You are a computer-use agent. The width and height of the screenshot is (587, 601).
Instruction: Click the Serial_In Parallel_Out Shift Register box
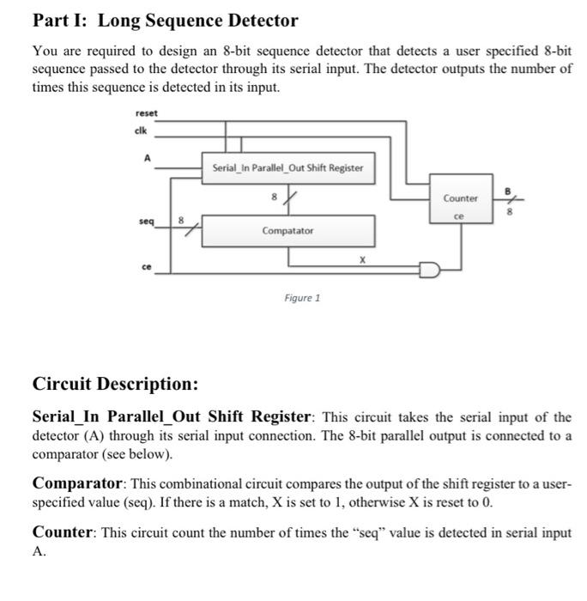pos(287,168)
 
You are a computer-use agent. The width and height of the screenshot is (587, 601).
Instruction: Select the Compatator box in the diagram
pos(287,231)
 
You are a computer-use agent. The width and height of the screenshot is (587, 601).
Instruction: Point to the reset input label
pos(147,114)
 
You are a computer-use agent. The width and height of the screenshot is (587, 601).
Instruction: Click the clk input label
pos(142,131)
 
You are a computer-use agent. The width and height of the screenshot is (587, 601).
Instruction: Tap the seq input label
pos(147,221)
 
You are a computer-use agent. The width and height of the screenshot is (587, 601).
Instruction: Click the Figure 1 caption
pos(302,299)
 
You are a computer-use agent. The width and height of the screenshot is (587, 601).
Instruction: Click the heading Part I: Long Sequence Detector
pos(165,21)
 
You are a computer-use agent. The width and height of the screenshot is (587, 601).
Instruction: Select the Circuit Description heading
pos(115,383)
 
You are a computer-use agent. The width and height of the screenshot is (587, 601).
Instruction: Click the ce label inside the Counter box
pos(460,216)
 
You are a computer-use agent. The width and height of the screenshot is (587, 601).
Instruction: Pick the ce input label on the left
pos(147,266)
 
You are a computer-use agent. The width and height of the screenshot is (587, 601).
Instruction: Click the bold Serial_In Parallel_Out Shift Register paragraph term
pos(172,417)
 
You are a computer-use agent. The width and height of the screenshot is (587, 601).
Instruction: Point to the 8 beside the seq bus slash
pos(180,220)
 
